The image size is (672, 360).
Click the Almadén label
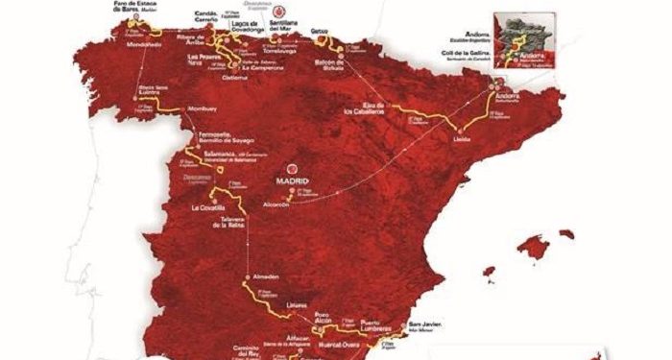[x=264, y=277]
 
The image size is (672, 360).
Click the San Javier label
[x=425, y=326]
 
